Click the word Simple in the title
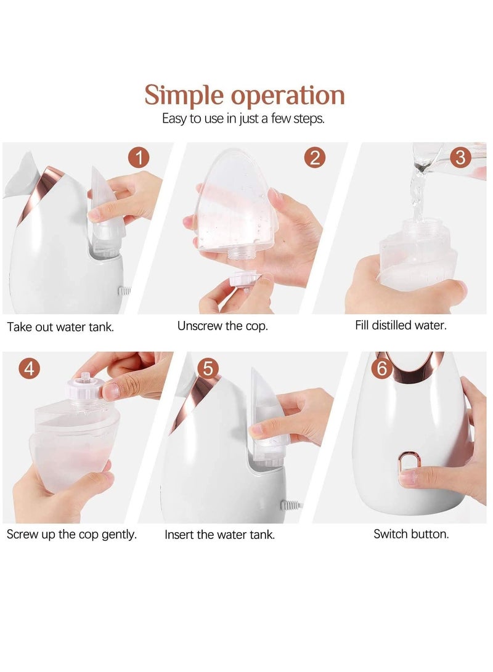[x=184, y=95]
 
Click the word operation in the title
[x=287, y=97]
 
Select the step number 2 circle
[x=314, y=158]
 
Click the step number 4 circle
[x=30, y=369]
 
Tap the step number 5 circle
[x=208, y=369]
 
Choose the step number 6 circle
[x=382, y=369]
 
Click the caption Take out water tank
[x=60, y=327]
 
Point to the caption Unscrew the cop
[x=222, y=326]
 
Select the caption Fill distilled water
[x=401, y=325]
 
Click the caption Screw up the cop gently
[x=71, y=534]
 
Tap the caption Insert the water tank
[x=219, y=535]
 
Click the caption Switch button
[x=411, y=534]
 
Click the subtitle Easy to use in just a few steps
[x=243, y=119]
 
